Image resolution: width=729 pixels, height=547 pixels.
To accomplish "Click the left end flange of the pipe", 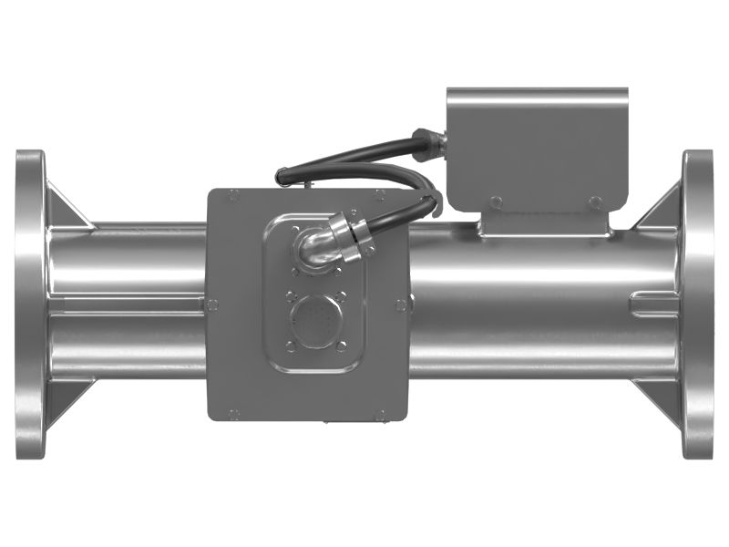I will pyautogui.click(x=30, y=304).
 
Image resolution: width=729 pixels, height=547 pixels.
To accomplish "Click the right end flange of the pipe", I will pyautogui.click(x=699, y=304).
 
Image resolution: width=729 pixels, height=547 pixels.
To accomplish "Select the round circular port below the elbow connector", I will pyautogui.click(x=315, y=321).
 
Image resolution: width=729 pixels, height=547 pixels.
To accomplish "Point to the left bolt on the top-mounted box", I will pyautogui.click(x=495, y=201).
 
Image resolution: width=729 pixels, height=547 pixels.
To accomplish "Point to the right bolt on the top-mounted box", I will pyautogui.click(x=595, y=201).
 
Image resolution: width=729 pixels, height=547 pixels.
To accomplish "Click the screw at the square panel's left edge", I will pyautogui.click(x=212, y=304).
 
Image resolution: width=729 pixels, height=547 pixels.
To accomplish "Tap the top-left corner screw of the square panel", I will pyautogui.click(x=234, y=194).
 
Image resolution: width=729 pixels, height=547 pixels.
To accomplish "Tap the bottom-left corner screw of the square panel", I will pyautogui.click(x=234, y=415).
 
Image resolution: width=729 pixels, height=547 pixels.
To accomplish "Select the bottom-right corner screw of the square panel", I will pyautogui.click(x=380, y=416).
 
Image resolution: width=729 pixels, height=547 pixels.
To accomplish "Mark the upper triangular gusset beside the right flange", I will pyautogui.click(x=662, y=208).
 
